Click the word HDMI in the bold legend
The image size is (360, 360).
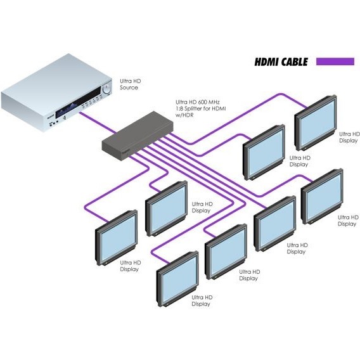pos(267,62)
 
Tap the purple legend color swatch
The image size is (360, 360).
pos(335,61)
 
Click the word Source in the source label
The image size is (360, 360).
pos(129,87)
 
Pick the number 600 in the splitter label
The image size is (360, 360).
pos(201,102)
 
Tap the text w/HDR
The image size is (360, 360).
pos(184,115)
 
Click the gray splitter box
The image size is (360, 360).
pos(138,136)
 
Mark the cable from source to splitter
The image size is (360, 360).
pos(98,122)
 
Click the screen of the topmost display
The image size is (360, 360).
pos(318,123)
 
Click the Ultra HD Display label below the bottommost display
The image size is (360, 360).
pos(202,300)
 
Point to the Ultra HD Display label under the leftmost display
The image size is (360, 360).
pos(130,266)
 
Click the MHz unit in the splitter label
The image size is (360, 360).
pos(214,102)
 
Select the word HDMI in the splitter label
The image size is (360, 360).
pos(219,108)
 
